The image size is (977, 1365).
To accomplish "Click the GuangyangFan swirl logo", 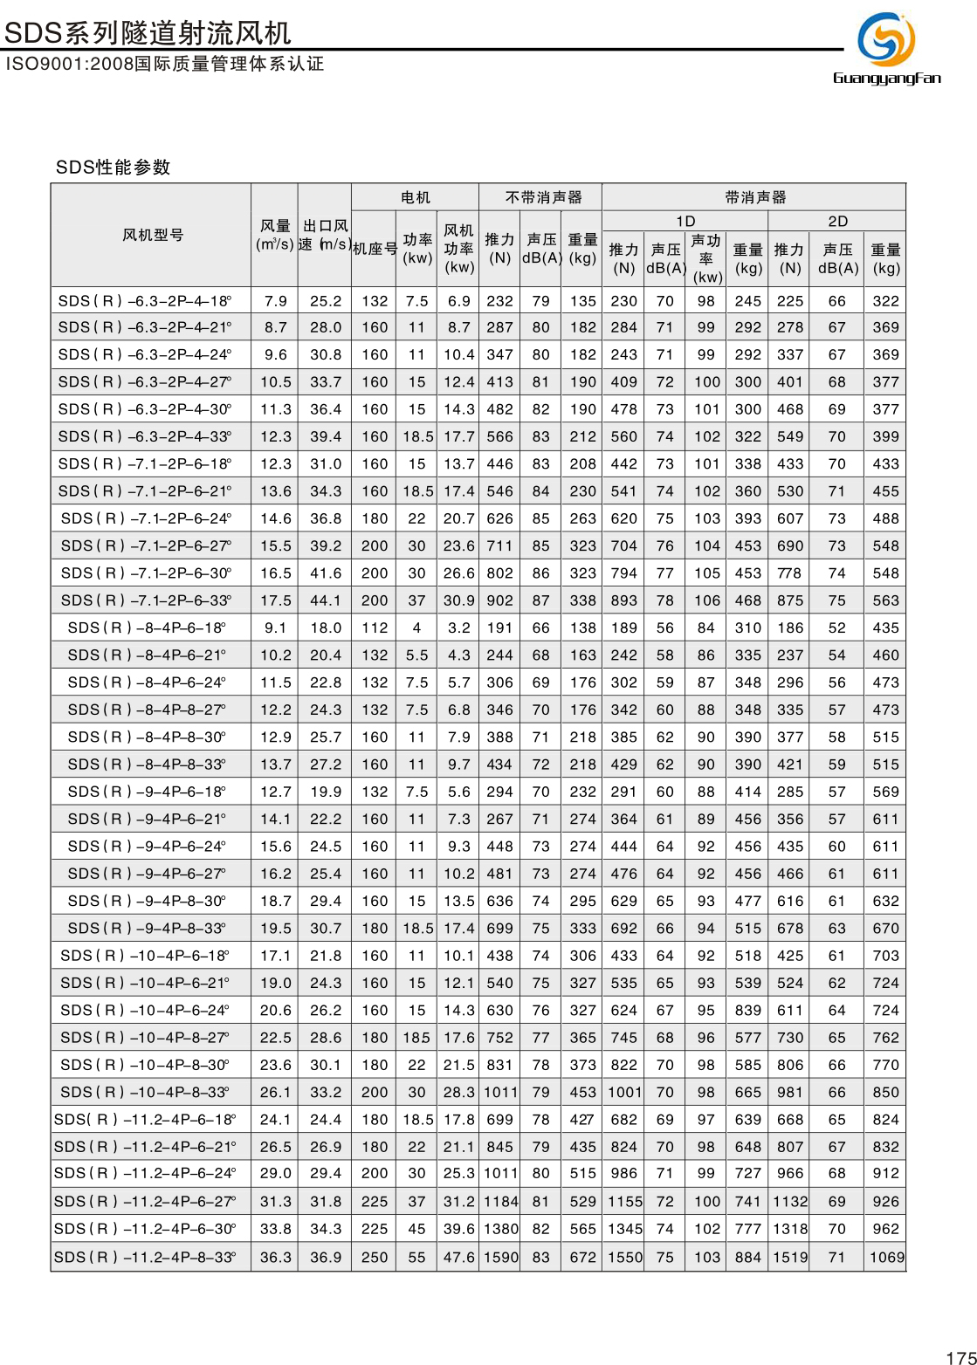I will [x=886, y=40].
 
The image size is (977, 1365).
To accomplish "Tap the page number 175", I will [x=960, y=1357].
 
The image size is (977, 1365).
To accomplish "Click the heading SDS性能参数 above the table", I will [x=114, y=168].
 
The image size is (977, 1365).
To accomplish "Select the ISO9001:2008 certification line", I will [x=164, y=64].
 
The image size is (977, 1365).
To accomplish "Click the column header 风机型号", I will [x=153, y=235].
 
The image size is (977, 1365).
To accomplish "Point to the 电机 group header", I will [x=416, y=197].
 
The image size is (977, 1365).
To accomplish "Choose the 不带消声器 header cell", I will [x=542, y=197].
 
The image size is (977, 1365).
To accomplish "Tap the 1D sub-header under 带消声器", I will [x=685, y=221].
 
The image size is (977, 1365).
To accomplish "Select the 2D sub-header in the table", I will [x=837, y=221].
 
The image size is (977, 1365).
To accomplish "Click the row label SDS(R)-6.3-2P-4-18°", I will [x=145, y=301].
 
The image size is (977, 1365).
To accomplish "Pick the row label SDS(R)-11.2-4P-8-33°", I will [x=145, y=1257].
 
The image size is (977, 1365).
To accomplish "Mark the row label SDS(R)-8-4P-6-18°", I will [x=147, y=628].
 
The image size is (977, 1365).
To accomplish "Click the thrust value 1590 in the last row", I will [x=500, y=1257].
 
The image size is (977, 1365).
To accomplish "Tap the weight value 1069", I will [x=886, y=1257].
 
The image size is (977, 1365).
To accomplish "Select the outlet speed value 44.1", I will [x=326, y=600].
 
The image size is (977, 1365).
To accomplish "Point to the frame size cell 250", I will [x=375, y=1257].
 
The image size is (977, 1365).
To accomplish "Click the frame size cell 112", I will [x=375, y=628].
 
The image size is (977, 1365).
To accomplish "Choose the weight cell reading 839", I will [x=748, y=1010].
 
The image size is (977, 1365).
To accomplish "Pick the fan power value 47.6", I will [x=458, y=1257].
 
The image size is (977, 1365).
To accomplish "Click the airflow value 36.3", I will [x=276, y=1257].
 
